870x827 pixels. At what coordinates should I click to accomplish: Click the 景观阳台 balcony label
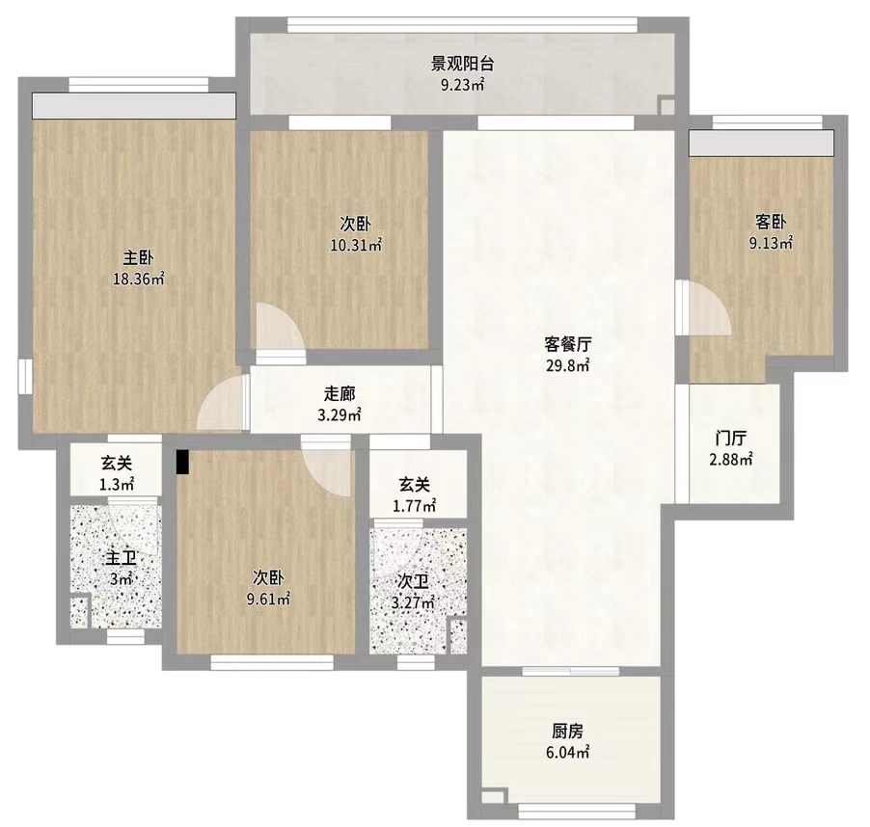coord(462,64)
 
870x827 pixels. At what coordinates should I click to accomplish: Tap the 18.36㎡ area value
coord(139,279)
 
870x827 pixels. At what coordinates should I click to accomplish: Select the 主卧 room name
coord(138,257)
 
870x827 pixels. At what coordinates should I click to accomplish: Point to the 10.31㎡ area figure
coord(356,245)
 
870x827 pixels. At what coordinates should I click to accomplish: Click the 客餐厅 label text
coord(567,345)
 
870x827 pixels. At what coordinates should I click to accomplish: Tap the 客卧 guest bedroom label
coord(771,223)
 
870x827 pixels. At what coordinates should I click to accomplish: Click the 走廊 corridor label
coord(340,393)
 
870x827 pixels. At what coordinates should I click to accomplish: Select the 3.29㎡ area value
coord(340,414)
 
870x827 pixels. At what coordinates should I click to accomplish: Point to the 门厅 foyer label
coord(731,439)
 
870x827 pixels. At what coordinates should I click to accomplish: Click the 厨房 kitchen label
coord(567,732)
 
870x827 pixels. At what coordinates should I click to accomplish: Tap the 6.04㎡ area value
coord(567,753)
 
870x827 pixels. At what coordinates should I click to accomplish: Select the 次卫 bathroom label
coord(414,581)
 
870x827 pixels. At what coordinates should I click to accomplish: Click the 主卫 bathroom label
coord(121,558)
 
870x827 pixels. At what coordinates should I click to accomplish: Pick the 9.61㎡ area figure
coord(268,600)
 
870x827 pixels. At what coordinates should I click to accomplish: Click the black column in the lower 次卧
coord(182,463)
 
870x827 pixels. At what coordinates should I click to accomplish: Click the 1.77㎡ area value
coord(414,506)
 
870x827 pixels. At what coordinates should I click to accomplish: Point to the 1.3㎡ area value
coord(117,485)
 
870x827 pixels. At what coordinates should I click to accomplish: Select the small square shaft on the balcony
coord(666,105)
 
